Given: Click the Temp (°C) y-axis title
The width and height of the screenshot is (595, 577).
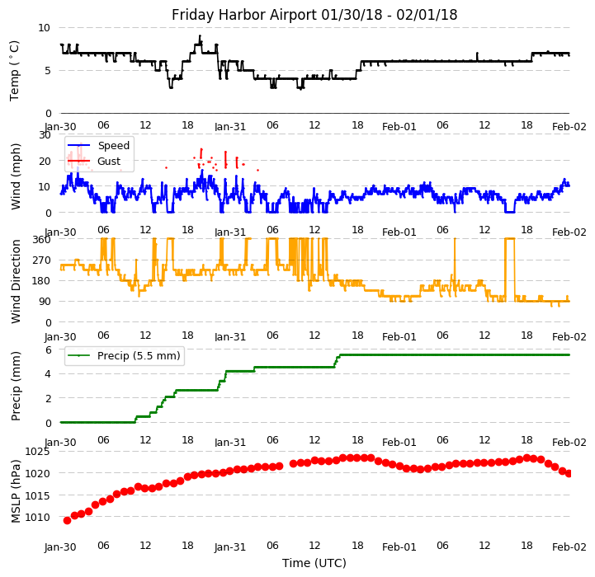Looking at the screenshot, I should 15,70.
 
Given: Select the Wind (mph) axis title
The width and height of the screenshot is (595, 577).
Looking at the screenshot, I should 16,176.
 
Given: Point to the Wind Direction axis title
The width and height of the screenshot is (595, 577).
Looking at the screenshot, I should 16,281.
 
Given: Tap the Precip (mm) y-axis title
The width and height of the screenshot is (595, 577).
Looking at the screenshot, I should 16,386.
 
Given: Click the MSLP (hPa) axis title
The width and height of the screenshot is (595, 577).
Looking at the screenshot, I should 16,491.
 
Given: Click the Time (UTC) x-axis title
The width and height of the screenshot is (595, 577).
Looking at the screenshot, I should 314,563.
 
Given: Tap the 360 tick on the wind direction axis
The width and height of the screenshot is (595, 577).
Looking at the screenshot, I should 42,240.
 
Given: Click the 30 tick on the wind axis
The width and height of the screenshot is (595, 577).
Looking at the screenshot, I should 45,134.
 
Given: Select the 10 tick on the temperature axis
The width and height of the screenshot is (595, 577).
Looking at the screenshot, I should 45,27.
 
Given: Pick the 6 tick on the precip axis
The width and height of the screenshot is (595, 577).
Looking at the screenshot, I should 48,349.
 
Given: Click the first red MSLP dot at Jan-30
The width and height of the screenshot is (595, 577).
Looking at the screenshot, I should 67,520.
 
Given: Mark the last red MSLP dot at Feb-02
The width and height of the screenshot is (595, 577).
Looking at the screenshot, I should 569,473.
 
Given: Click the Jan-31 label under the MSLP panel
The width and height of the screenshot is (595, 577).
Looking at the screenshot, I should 230,547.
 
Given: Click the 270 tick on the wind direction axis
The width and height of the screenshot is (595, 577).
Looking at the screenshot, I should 42,260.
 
